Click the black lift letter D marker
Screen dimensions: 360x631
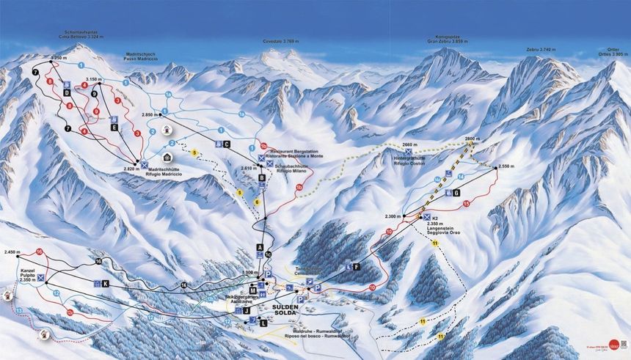pyautogui.click(x=67, y=93)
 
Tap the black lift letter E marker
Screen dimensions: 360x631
pyautogui.click(x=114, y=128)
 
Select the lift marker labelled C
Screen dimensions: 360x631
pyautogui.click(x=227, y=144)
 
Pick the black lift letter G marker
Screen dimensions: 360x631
pyautogui.click(x=456, y=193)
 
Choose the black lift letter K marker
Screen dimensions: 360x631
pyautogui.click(x=105, y=284)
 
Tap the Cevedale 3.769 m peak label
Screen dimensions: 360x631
pyautogui.click(x=283, y=42)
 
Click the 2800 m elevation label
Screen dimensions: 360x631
pyautogui.click(x=471, y=138)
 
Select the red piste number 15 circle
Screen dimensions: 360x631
pyautogui.click(x=466, y=203)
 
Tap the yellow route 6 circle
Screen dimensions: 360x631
pyautogui.click(x=258, y=202)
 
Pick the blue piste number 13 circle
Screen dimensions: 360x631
pyautogui.click(x=18, y=311)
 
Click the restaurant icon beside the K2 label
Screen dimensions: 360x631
pyautogui.click(x=426, y=217)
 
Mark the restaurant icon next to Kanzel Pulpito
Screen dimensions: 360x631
pyautogui.click(x=41, y=278)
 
